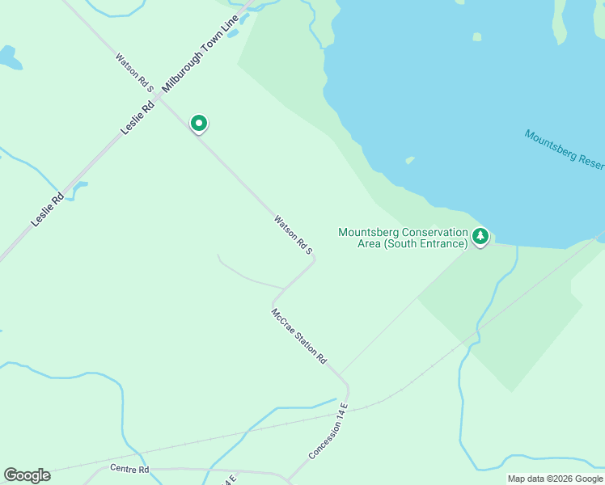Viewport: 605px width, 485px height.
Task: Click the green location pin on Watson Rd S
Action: point(198,123)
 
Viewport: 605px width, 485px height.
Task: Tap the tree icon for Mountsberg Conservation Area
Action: point(481,236)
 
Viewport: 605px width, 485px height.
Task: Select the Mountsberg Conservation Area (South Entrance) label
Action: point(403,238)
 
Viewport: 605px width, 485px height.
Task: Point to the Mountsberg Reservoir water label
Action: point(565,150)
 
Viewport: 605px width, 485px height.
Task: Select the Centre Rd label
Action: point(129,469)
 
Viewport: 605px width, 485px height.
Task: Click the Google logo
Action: point(27,475)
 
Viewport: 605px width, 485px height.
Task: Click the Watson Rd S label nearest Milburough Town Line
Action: point(134,70)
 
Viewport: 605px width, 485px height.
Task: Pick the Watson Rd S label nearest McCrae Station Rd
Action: point(293,234)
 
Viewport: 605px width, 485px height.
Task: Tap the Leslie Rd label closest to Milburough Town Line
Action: point(137,118)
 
